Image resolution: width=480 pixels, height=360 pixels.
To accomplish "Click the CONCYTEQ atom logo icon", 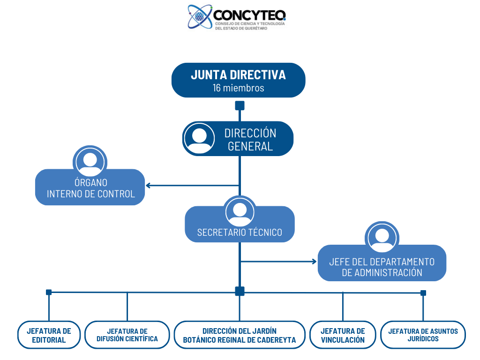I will tap(200, 17).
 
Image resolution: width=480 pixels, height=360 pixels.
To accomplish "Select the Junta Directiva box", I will tap(238, 80).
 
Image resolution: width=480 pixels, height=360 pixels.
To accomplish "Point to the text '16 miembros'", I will tap(238, 88).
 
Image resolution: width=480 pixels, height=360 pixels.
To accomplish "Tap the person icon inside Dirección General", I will tap(200, 139).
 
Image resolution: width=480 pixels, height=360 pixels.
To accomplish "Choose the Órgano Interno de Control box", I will tap(90, 188).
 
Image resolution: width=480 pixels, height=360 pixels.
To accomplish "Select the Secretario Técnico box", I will tap(240, 230).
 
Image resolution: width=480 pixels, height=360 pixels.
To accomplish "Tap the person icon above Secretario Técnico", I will tap(240, 212).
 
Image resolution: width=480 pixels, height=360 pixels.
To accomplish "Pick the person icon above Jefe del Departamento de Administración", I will tap(382, 238).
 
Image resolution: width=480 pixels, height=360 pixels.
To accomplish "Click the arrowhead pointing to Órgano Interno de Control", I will tap(148, 185).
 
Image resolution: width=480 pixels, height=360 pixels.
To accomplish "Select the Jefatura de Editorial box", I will tap(49, 335).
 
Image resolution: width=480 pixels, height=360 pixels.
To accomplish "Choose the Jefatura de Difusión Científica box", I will tap(127, 335).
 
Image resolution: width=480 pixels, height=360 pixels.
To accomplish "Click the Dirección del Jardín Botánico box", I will tap(240, 335).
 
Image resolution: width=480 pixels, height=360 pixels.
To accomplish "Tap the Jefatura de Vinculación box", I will tap(343, 335).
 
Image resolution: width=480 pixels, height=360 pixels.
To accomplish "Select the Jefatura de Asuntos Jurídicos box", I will tap(423, 335).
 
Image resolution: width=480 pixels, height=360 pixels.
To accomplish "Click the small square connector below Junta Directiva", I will tap(240, 105).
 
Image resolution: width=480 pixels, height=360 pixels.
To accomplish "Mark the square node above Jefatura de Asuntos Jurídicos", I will tap(423, 293).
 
